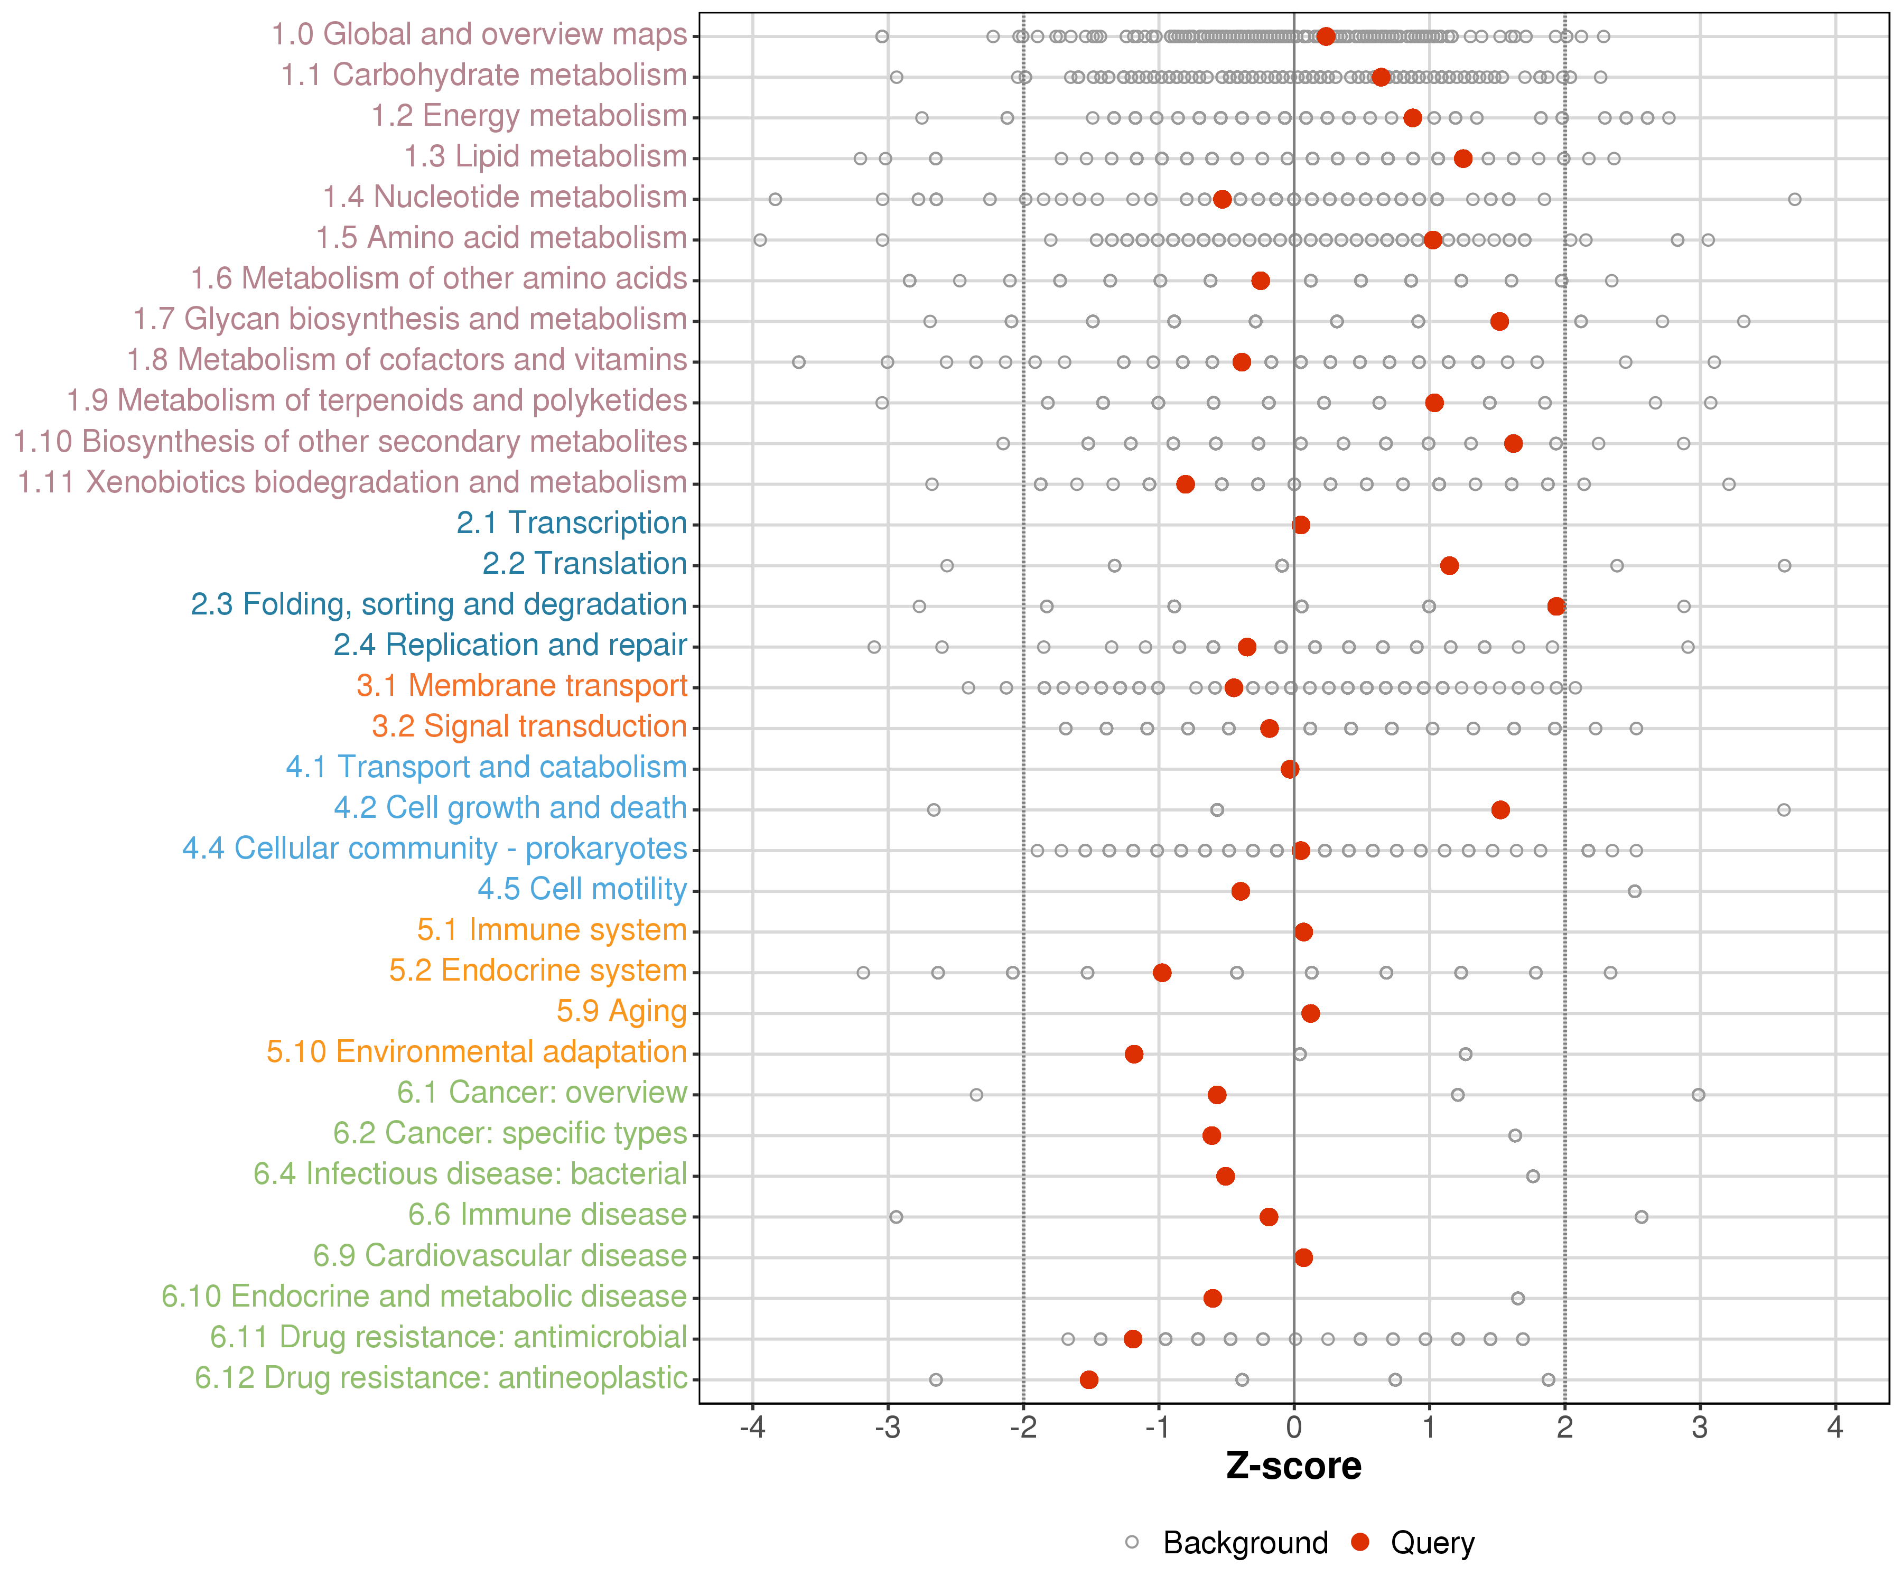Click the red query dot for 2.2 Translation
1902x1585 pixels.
tap(1449, 565)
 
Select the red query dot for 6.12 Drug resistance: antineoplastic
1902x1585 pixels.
tap(1089, 1379)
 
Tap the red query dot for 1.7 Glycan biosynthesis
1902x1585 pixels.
tap(1499, 322)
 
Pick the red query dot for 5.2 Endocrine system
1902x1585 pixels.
tap(1162, 973)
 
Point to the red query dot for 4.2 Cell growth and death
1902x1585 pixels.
tap(1500, 810)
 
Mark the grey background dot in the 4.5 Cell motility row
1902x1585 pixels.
tap(1634, 891)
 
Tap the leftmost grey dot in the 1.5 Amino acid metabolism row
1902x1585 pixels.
tap(760, 240)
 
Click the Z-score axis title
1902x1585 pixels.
tap(1293, 1466)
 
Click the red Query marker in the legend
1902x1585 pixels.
tap(1359, 1542)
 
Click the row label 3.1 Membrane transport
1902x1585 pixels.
tap(521, 686)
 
